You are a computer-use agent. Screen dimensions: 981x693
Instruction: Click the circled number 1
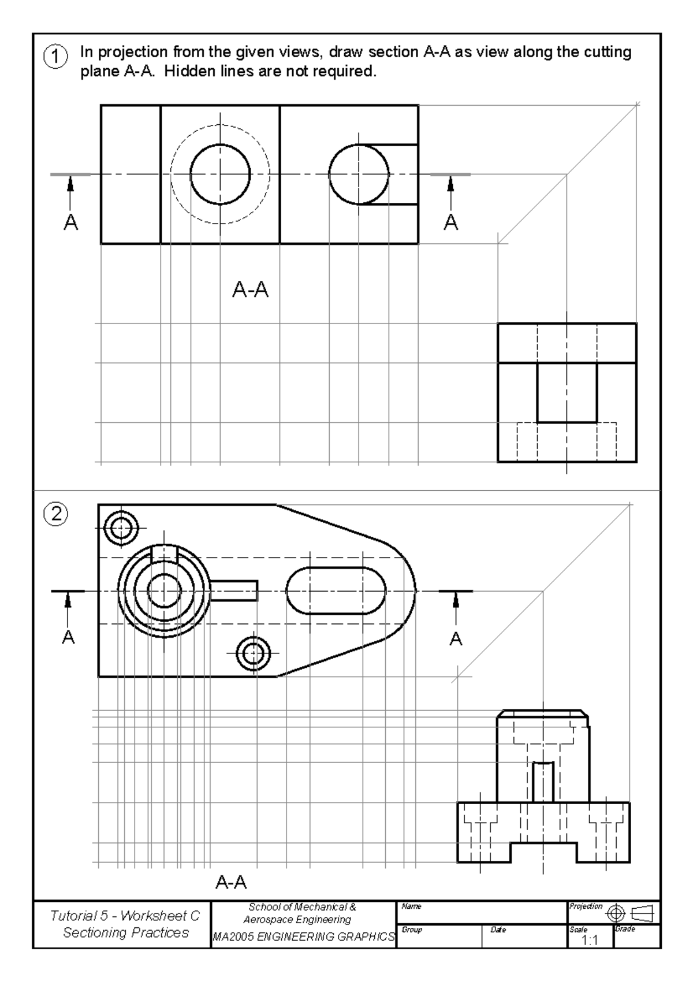55,57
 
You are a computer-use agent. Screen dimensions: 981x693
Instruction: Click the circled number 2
56,514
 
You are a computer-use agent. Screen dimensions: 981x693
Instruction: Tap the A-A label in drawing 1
250,289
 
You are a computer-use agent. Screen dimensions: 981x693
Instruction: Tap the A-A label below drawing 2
231,882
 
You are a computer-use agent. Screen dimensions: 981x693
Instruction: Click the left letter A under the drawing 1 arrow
70,222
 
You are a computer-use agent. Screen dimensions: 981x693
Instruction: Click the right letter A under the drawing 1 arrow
451,222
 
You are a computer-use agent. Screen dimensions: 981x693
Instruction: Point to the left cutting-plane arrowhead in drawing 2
68,601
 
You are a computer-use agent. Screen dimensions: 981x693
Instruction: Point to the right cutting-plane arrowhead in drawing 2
456,601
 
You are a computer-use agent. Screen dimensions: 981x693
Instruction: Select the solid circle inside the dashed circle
220,174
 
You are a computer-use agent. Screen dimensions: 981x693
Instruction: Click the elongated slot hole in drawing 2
336,590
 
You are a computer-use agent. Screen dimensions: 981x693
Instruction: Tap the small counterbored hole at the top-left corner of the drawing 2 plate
121,527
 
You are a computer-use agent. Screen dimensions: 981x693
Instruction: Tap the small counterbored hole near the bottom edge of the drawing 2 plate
253,653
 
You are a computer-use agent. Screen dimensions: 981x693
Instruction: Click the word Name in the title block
411,906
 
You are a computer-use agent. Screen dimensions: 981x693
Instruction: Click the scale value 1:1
589,940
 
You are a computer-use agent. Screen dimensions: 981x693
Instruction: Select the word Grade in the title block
625,929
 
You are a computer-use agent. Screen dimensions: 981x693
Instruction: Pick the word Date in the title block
498,930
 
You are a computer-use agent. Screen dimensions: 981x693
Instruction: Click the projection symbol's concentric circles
616,913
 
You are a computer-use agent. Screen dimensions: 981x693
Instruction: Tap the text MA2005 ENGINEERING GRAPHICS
304,937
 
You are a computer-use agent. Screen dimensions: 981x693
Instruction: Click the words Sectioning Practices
126,932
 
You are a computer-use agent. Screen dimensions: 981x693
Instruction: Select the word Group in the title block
412,930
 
